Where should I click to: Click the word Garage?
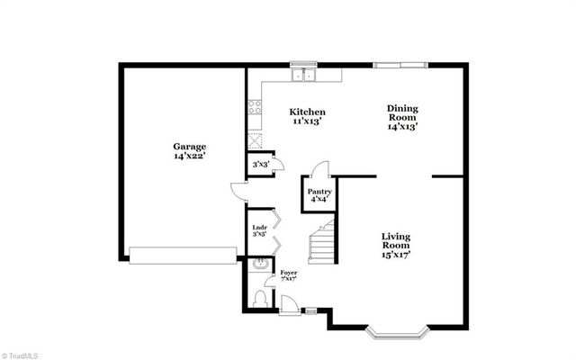190,146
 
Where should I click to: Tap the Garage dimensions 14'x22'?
190,157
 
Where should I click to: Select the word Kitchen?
307,112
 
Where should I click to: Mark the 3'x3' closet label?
260,165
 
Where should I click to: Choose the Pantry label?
319,192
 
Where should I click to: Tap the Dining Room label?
402,112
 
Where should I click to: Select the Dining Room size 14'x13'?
402,128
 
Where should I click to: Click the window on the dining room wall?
401,64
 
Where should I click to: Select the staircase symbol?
321,240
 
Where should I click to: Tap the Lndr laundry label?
258,229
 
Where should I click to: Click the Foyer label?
288,272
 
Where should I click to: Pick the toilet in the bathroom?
259,298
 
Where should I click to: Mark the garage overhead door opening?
184,256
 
